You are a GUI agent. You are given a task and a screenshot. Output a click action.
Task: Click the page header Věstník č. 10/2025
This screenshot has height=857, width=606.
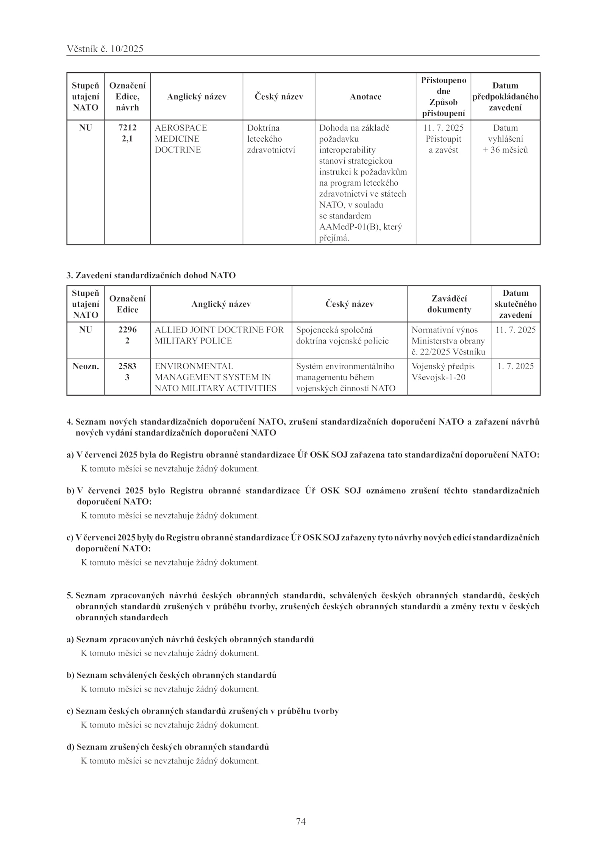(x=105, y=49)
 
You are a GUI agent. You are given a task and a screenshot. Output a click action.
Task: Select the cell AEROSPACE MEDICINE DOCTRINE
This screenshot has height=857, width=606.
(x=181, y=139)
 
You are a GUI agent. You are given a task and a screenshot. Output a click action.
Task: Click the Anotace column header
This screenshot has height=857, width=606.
(x=365, y=97)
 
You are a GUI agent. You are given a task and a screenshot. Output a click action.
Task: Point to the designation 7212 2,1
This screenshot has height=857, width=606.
(x=127, y=133)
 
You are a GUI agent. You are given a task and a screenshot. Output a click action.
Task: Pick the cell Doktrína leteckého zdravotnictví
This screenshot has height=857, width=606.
(x=271, y=139)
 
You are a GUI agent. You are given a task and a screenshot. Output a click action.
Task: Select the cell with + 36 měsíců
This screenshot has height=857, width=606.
(x=505, y=150)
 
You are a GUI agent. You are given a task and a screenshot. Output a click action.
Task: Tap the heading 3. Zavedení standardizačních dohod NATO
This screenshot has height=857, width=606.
(x=151, y=275)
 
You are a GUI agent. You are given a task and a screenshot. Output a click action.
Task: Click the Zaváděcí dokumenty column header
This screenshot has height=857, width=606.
(x=449, y=304)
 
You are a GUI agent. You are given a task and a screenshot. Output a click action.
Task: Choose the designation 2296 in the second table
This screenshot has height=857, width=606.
(x=127, y=330)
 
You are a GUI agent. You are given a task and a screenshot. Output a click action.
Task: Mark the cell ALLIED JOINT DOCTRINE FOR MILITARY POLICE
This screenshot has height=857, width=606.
(x=219, y=335)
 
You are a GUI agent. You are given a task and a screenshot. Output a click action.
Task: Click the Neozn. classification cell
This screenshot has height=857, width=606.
(x=86, y=366)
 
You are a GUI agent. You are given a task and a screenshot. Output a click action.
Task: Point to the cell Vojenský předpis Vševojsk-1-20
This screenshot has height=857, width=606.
(x=443, y=372)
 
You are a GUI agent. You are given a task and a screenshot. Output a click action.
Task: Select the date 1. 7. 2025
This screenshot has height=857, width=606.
(x=515, y=366)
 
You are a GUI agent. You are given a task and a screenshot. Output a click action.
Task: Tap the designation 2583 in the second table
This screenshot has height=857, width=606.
(x=127, y=366)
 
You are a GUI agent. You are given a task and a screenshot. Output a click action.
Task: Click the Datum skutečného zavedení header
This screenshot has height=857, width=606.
(x=515, y=304)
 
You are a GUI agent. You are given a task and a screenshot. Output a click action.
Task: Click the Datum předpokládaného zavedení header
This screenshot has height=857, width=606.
(x=505, y=97)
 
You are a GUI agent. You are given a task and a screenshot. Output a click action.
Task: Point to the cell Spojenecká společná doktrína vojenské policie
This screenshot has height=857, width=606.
(x=342, y=335)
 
